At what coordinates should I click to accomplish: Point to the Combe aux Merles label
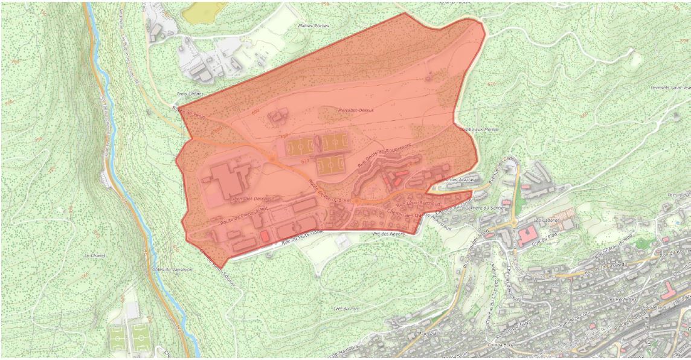click(x=474, y=129)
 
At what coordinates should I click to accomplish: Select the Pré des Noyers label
click(x=389, y=234)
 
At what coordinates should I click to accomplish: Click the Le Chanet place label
click(x=95, y=256)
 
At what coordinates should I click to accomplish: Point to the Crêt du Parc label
click(x=346, y=309)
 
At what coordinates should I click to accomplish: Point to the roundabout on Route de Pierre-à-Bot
click(x=356, y=201)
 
